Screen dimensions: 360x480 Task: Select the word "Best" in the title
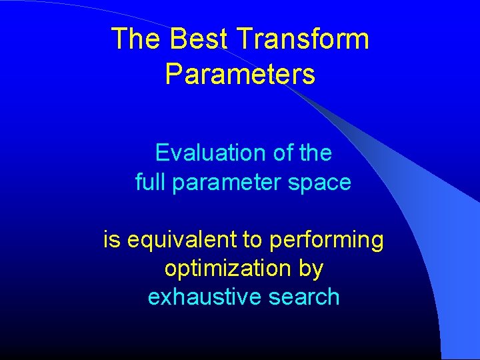tap(190, 39)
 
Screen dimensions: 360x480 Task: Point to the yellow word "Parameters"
tap(240, 74)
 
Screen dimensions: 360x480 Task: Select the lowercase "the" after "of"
tap(315, 153)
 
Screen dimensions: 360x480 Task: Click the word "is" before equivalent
tap(111, 239)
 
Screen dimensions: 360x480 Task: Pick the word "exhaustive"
tap(205, 297)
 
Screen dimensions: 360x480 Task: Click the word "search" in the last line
tap(305, 297)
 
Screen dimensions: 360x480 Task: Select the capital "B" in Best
tap(177, 39)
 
